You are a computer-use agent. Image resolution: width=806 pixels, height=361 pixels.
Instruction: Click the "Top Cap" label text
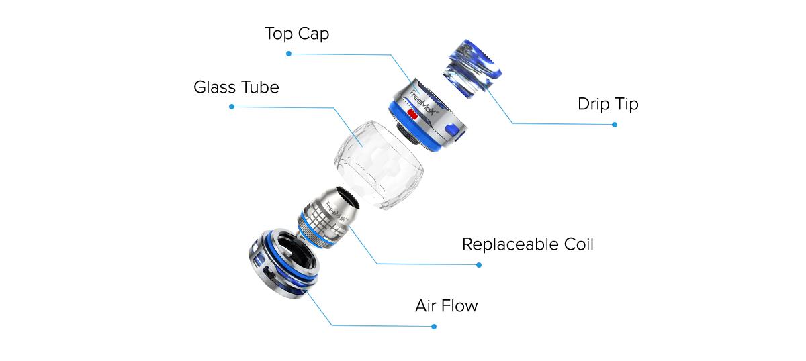click(x=297, y=34)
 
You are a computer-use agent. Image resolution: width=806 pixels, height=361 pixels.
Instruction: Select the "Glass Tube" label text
click(x=236, y=87)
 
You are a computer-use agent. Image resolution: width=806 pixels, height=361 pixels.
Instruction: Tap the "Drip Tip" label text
click(x=608, y=104)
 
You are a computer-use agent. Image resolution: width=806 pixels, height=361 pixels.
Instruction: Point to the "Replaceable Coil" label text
click(x=527, y=244)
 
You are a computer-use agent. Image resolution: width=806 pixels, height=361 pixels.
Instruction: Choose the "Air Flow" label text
click(x=446, y=306)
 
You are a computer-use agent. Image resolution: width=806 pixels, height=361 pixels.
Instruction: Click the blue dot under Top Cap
click(x=289, y=54)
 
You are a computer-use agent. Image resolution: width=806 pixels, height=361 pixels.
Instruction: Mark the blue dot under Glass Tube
click(x=232, y=107)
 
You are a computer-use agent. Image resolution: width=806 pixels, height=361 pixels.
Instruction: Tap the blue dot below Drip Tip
click(x=615, y=125)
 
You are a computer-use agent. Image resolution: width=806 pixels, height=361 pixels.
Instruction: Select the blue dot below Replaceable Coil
click(x=479, y=265)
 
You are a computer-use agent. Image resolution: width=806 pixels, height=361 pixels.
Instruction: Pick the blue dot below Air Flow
click(x=434, y=327)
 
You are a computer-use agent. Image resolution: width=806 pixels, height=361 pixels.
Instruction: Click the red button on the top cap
click(x=412, y=115)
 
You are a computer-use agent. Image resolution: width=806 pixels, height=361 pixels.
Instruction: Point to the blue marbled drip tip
click(x=472, y=68)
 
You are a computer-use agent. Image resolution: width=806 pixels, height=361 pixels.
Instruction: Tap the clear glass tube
click(x=379, y=165)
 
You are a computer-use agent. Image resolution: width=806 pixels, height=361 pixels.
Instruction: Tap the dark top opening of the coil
click(x=348, y=197)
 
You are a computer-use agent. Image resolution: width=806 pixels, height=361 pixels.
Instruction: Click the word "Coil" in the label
click(x=578, y=244)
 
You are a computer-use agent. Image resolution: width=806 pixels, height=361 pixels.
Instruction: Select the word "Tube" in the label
click(x=260, y=87)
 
